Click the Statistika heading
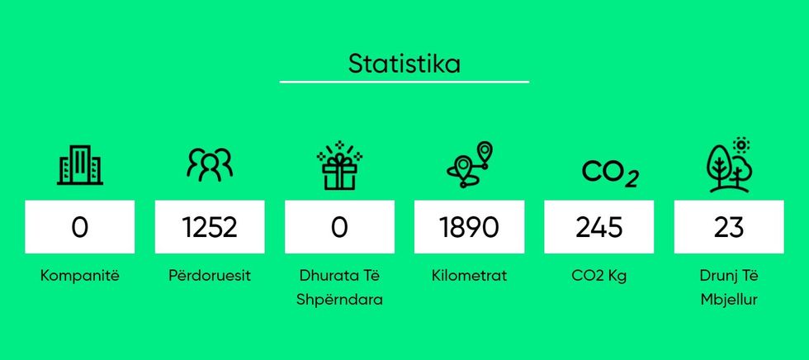pyautogui.click(x=404, y=64)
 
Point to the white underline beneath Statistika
pyautogui.click(x=404, y=82)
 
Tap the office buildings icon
pyautogui.click(x=80, y=166)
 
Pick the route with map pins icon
pyautogui.click(x=469, y=165)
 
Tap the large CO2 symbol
pyautogui.click(x=610, y=173)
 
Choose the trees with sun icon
pyautogui.click(x=729, y=166)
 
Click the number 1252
pyautogui.click(x=210, y=227)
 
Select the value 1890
pyautogui.click(x=469, y=227)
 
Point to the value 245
pyautogui.click(x=599, y=227)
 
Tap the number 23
pyautogui.click(x=729, y=227)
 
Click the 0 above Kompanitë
pyautogui.click(x=80, y=227)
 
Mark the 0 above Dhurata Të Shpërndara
pyautogui.click(x=339, y=227)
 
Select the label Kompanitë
pyautogui.click(x=80, y=276)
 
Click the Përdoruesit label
pyautogui.click(x=210, y=276)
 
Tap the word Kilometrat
pyautogui.click(x=469, y=276)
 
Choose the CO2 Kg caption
pyautogui.click(x=599, y=276)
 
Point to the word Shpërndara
pyautogui.click(x=339, y=299)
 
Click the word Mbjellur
pyautogui.click(x=729, y=299)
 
